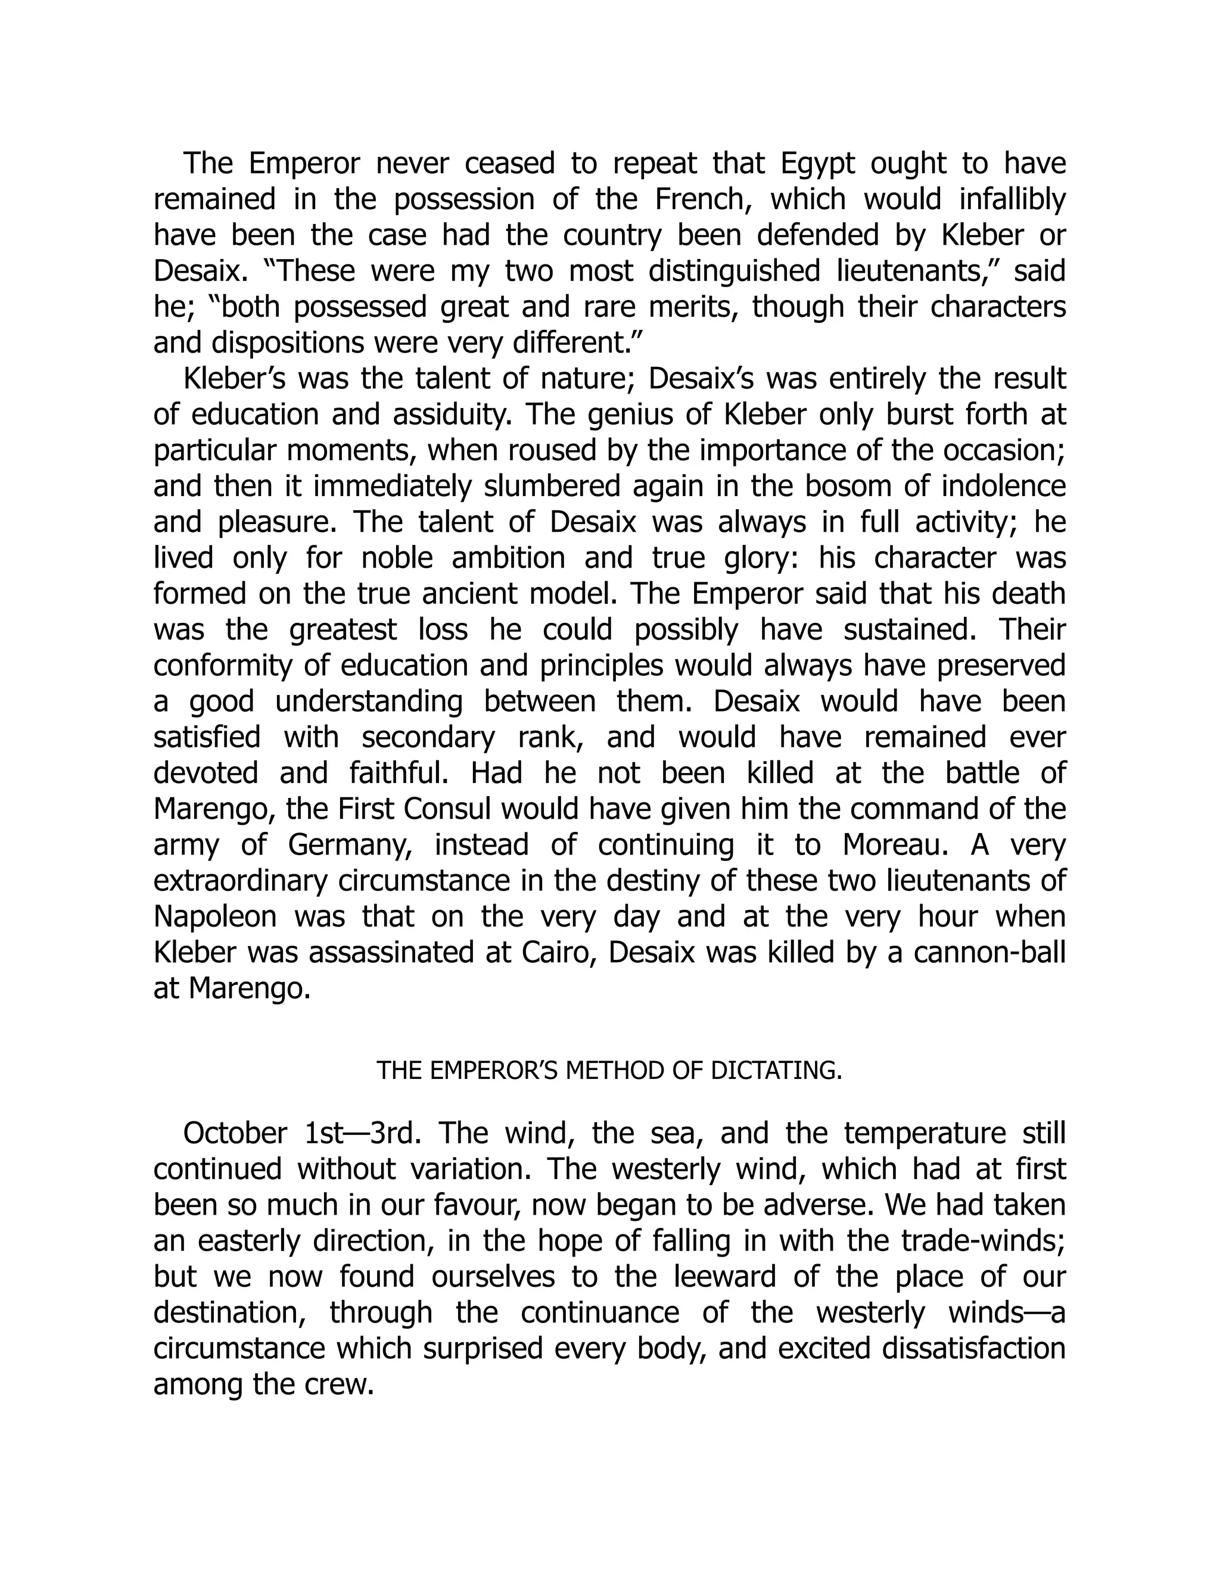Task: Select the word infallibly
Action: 1013,199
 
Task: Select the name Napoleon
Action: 216,917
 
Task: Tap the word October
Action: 235,1134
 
